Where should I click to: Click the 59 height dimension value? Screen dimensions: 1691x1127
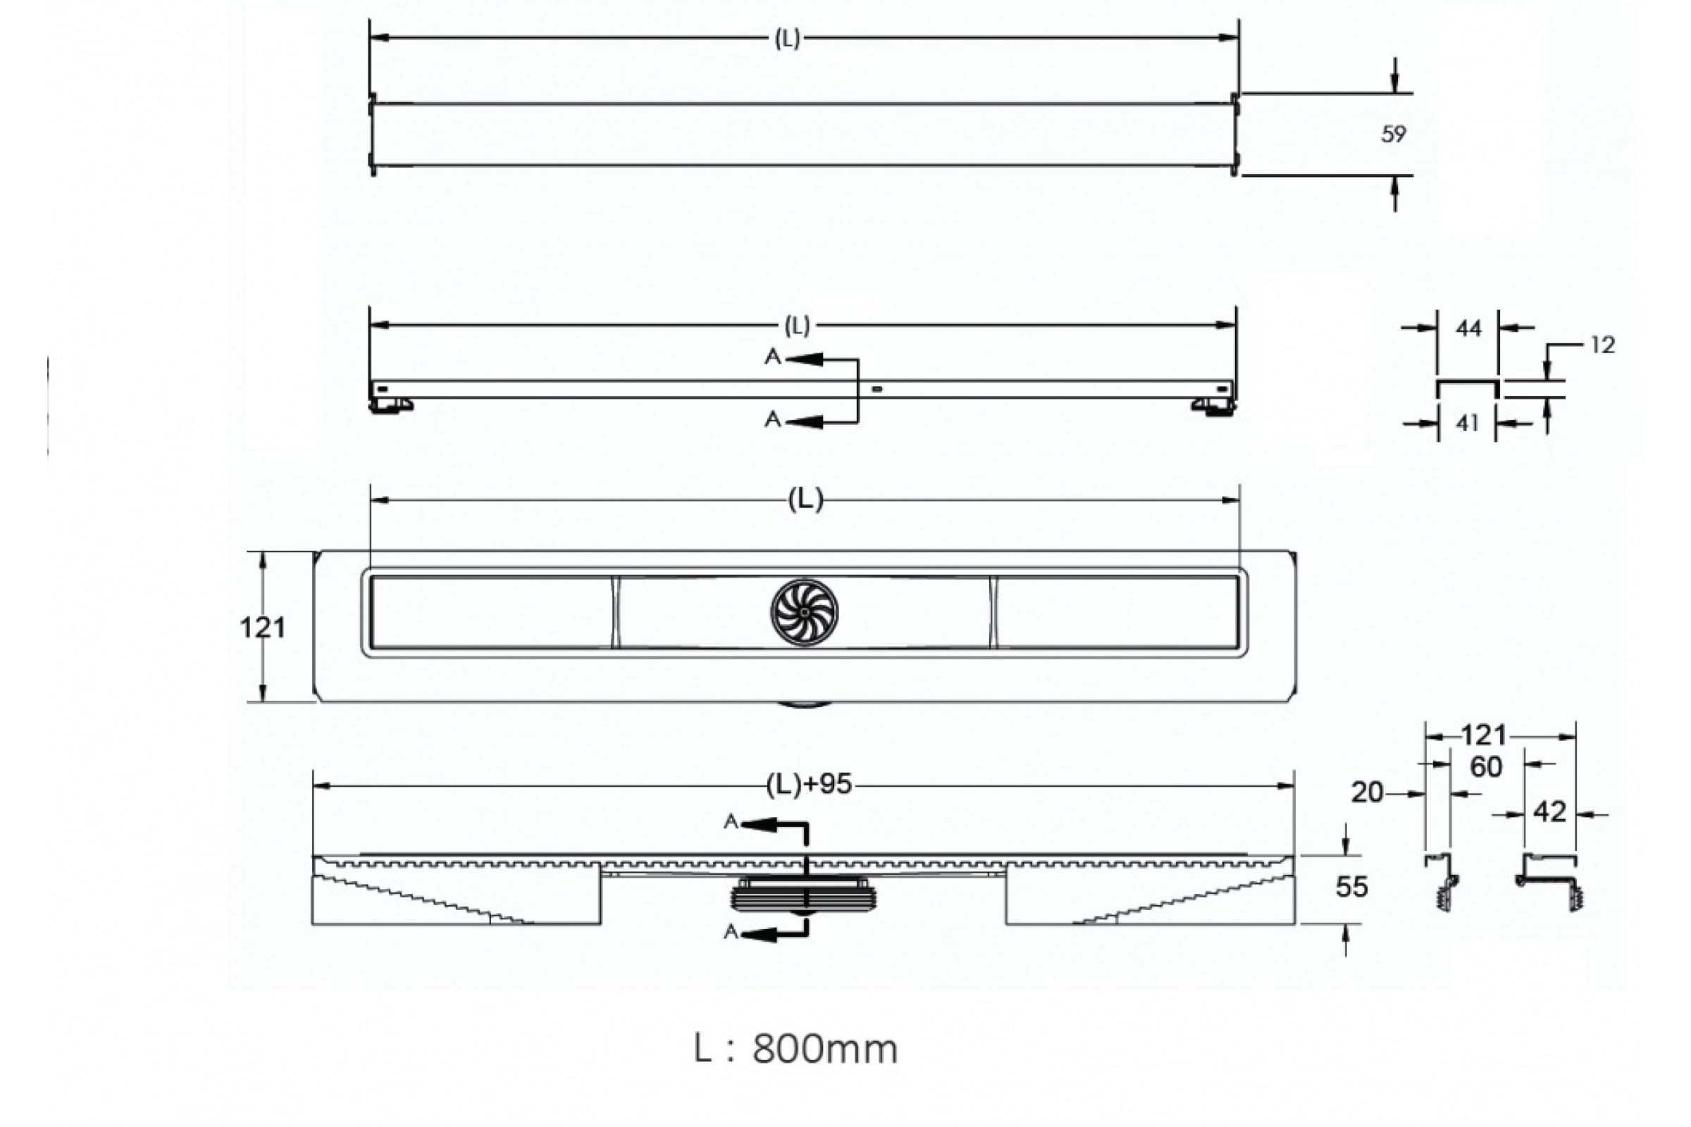coord(1394,135)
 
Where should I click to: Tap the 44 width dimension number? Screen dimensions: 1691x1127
coord(1468,328)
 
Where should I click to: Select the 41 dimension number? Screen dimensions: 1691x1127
coord(1467,423)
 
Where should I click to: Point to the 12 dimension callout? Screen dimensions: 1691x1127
coord(1602,345)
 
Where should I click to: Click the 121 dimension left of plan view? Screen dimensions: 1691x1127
coord(262,628)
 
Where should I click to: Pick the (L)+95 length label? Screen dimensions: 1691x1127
coord(809,784)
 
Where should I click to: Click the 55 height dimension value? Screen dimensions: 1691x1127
coord(1351,887)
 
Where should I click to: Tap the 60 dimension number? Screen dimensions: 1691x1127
coord(1486,767)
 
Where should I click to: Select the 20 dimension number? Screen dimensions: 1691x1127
coord(1367,793)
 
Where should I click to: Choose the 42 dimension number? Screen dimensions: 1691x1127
coord(1549,812)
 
